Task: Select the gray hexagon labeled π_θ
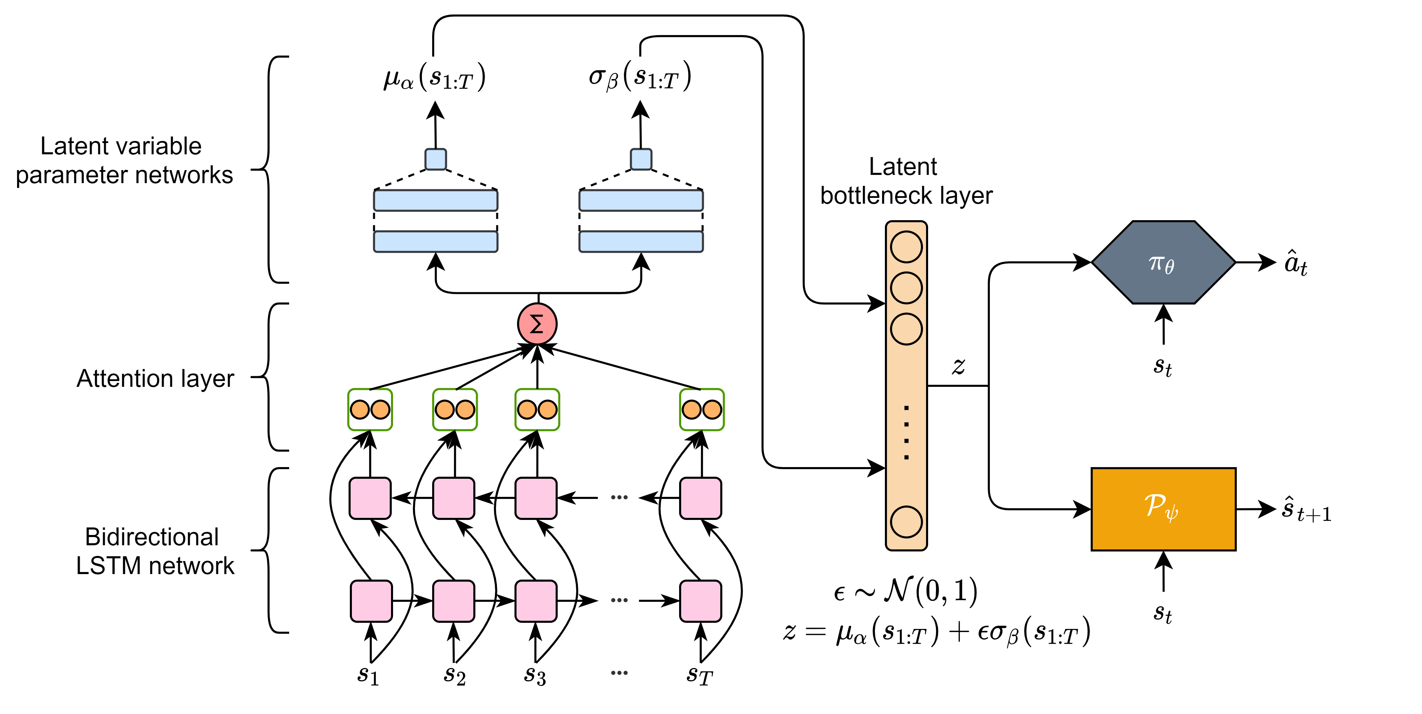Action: pos(1163,263)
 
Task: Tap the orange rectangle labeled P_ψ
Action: pos(1163,509)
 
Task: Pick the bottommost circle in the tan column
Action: pos(906,521)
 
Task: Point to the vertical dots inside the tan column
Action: pos(906,432)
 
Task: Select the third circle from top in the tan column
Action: pos(906,329)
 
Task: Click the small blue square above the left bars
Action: pos(436,159)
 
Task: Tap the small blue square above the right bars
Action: pos(641,159)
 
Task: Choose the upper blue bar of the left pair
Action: pos(436,200)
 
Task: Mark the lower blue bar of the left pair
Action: pos(436,242)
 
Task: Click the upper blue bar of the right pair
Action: pos(641,200)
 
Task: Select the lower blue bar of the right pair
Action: pos(641,242)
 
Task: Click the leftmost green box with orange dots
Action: pos(370,409)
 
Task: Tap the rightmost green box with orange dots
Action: pos(702,409)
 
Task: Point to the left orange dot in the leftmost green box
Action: pos(360,409)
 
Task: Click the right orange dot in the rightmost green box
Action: pos(712,409)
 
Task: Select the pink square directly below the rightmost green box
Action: pos(700,498)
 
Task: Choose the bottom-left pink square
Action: pos(371,601)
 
